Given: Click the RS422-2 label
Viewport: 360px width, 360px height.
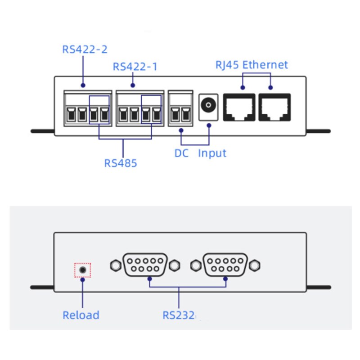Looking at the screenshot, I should (85, 49).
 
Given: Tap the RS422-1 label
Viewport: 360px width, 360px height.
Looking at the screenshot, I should (135, 67).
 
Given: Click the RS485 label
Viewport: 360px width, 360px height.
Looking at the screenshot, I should (121, 162).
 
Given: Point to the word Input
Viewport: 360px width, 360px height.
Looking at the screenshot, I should (212, 153).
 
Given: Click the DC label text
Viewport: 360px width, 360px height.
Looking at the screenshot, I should (181, 153).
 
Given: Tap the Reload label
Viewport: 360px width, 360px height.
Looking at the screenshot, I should (81, 315).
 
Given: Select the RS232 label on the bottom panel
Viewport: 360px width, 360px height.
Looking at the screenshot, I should (179, 315).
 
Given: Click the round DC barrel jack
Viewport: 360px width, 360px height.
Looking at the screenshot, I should (208, 106).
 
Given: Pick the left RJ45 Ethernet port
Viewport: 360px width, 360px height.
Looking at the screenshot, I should (239, 107).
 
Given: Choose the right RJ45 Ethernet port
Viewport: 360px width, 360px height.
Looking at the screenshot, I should (274, 107).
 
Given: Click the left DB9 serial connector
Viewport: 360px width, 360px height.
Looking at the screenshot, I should (145, 265).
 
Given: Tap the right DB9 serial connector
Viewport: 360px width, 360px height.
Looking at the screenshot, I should (225, 265).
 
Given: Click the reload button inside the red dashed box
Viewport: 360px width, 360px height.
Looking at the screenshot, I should (82, 270).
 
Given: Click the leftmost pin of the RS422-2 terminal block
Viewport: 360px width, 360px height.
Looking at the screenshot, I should (70, 115).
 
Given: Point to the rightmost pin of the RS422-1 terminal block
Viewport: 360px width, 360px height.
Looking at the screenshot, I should (157, 115).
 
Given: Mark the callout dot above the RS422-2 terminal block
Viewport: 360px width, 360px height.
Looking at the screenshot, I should (83, 85).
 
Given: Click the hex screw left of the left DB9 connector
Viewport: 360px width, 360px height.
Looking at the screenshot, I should (115, 265).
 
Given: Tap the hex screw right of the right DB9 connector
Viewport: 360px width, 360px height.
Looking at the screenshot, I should (255, 265).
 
